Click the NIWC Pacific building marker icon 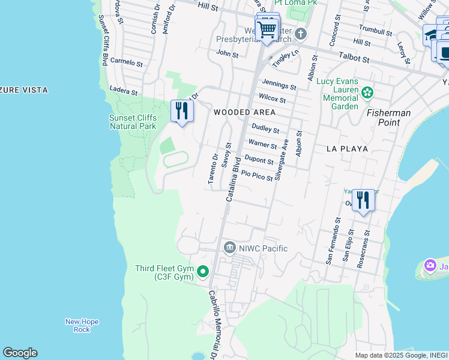(229, 248)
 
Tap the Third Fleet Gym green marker (203, 272)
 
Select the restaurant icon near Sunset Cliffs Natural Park (182, 111)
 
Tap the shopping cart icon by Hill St (267, 28)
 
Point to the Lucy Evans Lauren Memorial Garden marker (368, 92)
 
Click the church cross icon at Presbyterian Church (300, 34)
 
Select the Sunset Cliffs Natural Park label (132, 122)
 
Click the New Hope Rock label (77, 325)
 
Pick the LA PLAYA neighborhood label (347, 148)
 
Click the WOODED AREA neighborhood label (245, 112)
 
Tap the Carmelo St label (126, 62)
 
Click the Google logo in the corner (20, 353)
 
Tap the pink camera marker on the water (430, 265)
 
